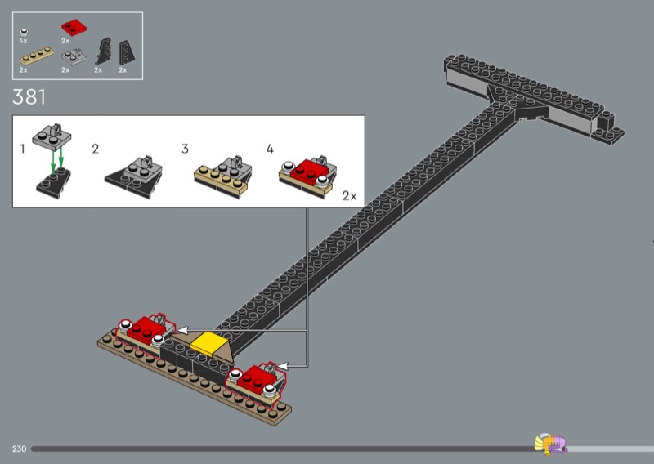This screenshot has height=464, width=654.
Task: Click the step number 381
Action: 29,97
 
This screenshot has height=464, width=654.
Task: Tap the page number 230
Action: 20,448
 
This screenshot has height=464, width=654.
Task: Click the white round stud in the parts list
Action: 24,30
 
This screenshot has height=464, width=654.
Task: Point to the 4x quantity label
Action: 24,40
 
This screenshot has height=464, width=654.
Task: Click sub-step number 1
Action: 23,149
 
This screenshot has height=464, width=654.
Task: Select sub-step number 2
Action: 96,149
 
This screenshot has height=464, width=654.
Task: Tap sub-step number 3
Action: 185,149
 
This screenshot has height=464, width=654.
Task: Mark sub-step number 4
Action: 270,149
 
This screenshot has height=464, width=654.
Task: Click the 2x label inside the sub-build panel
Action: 349,196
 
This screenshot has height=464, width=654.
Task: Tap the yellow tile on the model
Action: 207,344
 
